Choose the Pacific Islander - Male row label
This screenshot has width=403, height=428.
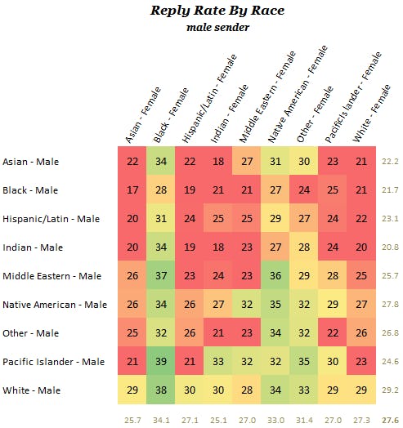[53, 361]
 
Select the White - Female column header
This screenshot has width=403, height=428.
[369, 98]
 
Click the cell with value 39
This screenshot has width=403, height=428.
[161, 361]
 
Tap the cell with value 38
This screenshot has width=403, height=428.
[161, 390]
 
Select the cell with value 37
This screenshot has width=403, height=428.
[161, 275]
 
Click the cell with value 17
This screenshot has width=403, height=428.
[132, 190]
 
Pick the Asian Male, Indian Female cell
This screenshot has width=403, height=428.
[218, 162]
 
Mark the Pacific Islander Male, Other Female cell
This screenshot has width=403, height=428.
[304, 361]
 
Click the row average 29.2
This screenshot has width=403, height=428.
[390, 390]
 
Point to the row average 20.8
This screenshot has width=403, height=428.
[390, 247]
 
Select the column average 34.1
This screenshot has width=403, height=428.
[161, 420]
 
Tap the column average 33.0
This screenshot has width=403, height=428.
[275, 420]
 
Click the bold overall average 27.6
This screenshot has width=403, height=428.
[390, 420]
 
